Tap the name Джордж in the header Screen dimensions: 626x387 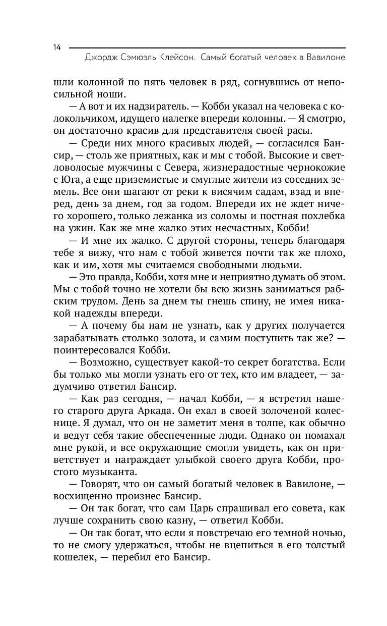coord(103,58)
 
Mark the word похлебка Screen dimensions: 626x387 coord(320,216)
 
